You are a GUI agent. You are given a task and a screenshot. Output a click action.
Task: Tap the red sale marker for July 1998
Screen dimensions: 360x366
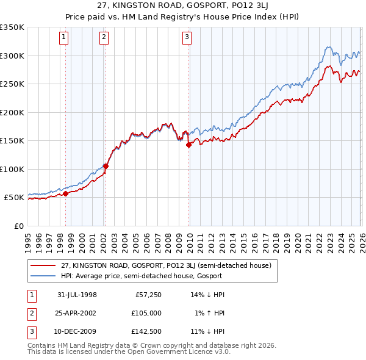point(66,194)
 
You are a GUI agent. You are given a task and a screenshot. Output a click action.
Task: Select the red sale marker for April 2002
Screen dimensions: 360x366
point(106,166)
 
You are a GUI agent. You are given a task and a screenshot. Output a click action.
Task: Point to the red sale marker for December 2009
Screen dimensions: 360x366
point(189,145)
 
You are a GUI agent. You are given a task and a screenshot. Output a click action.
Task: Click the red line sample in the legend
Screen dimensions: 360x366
point(44,265)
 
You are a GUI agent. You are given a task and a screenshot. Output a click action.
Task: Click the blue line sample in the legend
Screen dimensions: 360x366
point(44,276)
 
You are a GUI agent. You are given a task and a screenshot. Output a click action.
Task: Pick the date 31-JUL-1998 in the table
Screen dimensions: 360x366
point(77,295)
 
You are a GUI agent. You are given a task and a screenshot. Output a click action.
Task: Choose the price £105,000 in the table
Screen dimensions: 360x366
point(146,313)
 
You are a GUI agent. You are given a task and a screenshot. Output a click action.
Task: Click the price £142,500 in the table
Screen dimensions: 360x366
point(146,331)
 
